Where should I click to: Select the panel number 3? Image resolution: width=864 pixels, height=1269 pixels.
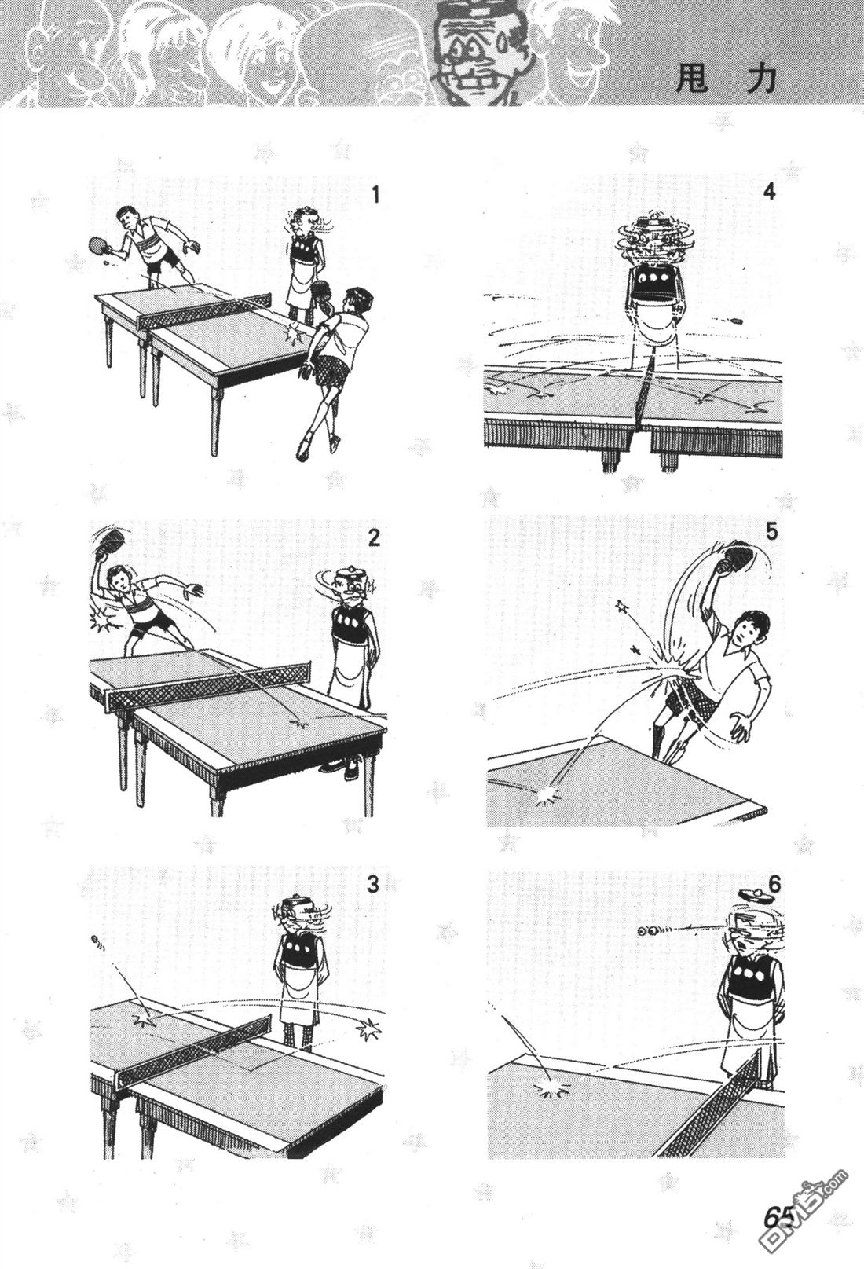point(372,884)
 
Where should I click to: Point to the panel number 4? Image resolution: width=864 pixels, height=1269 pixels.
point(768,192)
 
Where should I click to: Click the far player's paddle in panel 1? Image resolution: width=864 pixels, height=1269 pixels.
point(97,245)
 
